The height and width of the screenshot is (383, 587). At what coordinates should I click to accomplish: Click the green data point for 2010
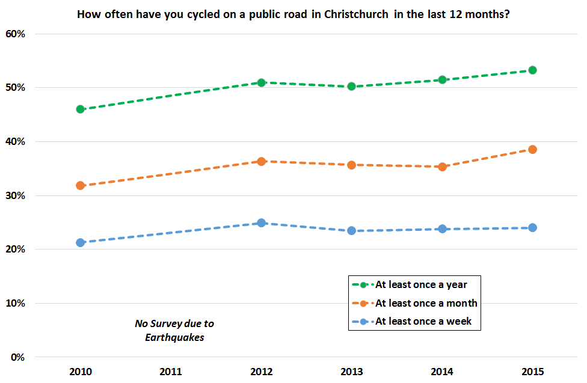tap(81, 109)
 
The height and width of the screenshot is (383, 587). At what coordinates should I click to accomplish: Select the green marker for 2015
tap(532, 70)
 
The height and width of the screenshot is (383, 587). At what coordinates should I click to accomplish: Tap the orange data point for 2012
tap(262, 161)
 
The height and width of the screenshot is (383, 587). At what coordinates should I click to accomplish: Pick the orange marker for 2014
tap(442, 167)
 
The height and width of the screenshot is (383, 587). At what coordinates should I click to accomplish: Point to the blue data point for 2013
tap(352, 230)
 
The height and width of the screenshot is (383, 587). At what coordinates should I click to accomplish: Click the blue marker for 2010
tap(81, 242)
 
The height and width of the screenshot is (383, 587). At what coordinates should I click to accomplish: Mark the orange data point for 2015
tap(532, 149)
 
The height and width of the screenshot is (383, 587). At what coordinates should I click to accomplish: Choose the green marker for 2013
tap(352, 86)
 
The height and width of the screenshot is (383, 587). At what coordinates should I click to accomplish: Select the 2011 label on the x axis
tap(171, 372)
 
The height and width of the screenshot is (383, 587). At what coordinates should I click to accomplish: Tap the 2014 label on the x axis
tap(442, 372)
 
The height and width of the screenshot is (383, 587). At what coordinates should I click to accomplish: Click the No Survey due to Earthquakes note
tap(174, 330)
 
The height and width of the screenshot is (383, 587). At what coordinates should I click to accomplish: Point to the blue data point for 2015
tap(532, 227)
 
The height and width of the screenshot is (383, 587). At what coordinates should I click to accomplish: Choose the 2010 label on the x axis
tap(81, 372)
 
